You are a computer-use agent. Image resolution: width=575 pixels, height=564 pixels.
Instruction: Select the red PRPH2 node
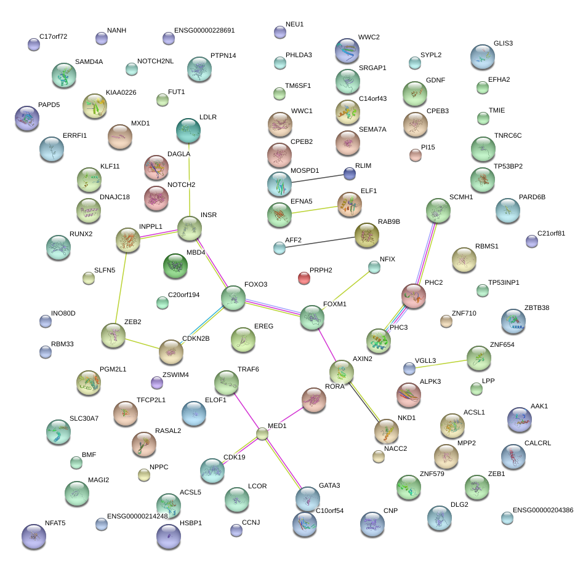[x=304, y=278]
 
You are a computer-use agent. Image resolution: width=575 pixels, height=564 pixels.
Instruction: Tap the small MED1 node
[x=262, y=434]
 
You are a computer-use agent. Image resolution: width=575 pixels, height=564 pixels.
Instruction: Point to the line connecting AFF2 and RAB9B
[x=317, y=242]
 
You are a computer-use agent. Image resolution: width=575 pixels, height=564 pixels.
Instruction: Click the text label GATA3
[x=329, y=486]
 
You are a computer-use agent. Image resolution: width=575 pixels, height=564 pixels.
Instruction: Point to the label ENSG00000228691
[x=204, y=30]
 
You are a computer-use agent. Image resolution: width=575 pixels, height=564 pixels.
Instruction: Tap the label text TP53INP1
[x=504, y=283]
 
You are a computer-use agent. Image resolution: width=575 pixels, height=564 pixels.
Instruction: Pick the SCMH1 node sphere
[x=439, y=211]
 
